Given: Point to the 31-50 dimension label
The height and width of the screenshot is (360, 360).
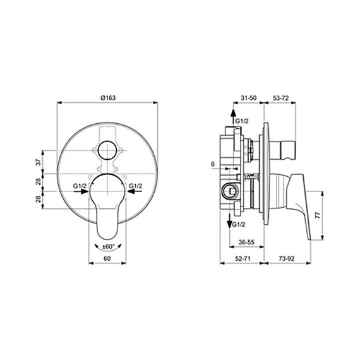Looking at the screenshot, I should pyautogui.click(x=249, y=98).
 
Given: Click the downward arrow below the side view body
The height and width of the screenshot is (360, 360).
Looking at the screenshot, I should pyautogui.click(x=229, y=221).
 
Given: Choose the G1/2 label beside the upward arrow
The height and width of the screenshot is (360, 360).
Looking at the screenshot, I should pyautogui.click(x=242, y=120).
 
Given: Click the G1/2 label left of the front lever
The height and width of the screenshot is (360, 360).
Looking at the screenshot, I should pyautogui.click(x=80, y=186).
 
